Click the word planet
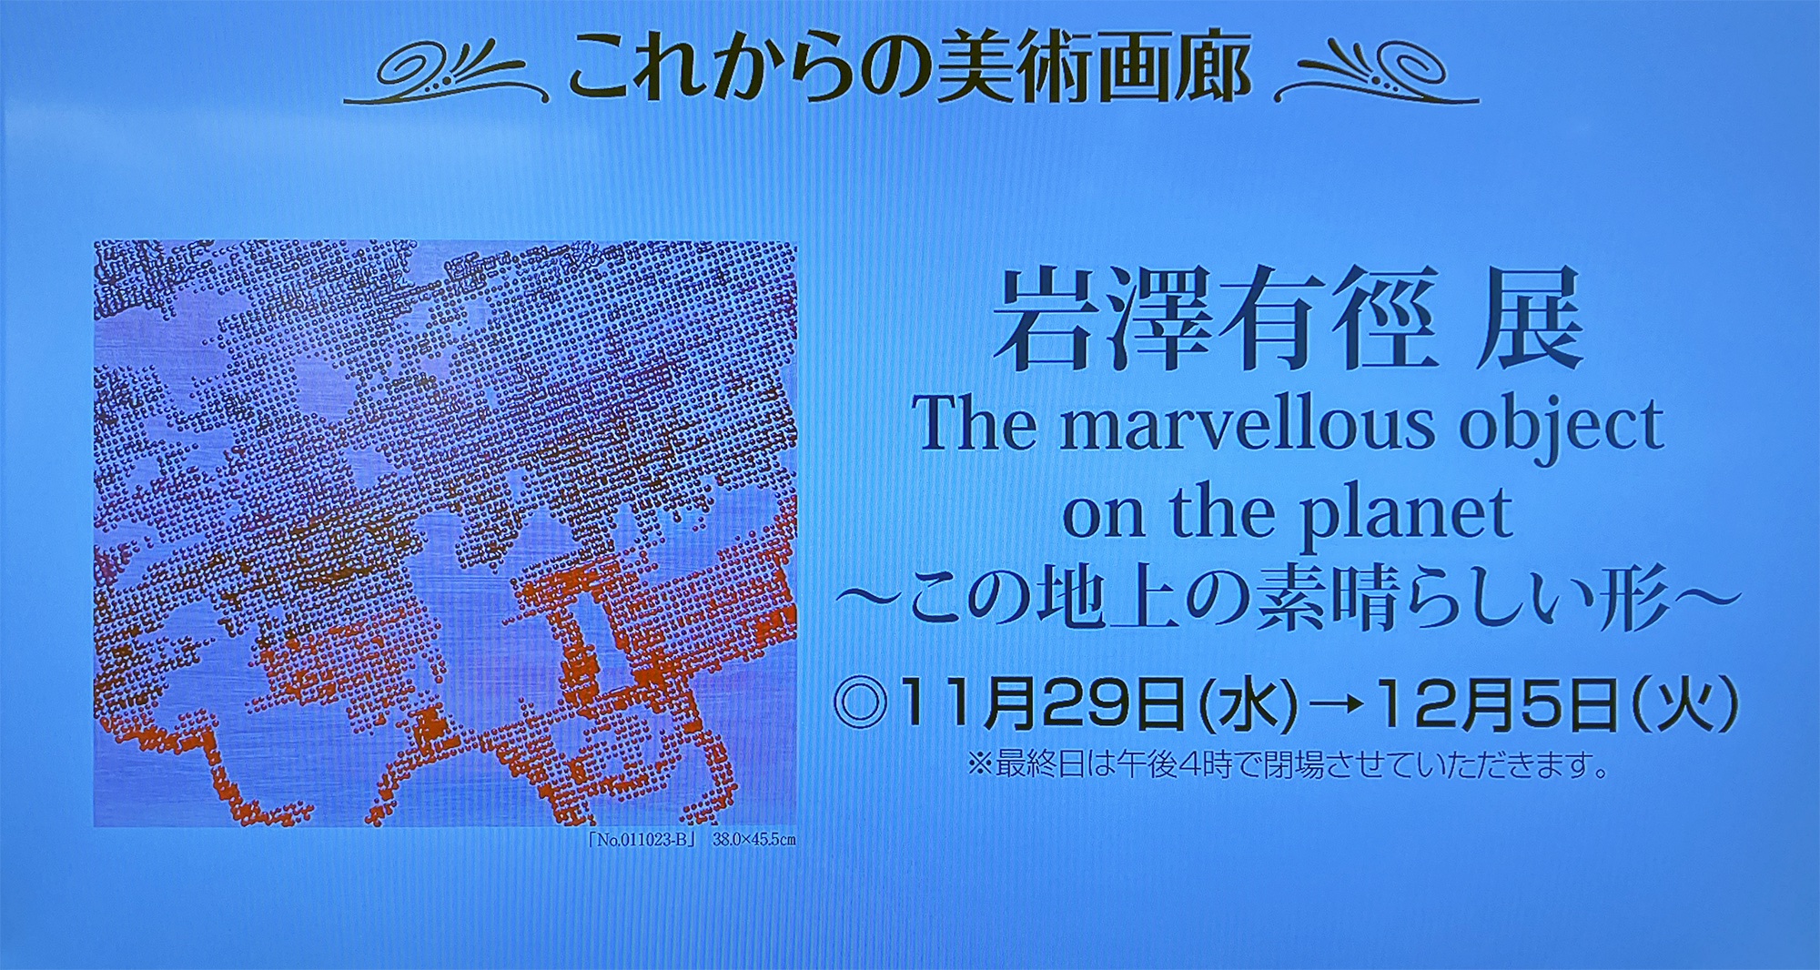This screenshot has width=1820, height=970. coord(1406,515)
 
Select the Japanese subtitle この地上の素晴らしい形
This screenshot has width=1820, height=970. coord(1287,598)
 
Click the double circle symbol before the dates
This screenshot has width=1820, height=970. coord(860,703)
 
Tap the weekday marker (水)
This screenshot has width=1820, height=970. coord(1248,705)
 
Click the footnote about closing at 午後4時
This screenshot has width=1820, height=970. coord(1289,764)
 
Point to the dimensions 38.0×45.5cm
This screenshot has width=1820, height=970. coord(753,839)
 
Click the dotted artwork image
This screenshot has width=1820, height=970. coord(445,533)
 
